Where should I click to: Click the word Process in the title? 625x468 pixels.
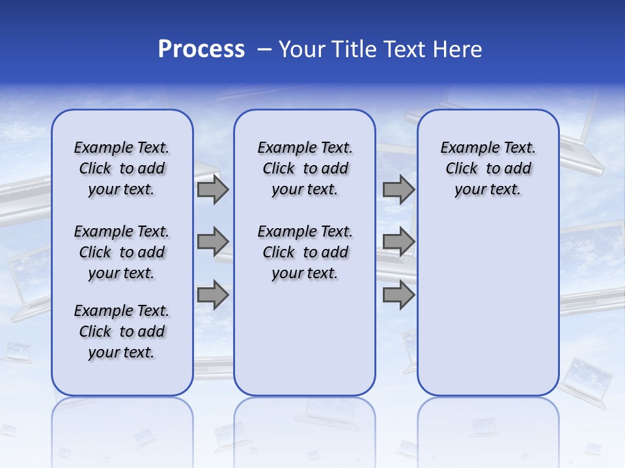[x=201, y=49]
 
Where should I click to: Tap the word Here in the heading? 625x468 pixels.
[x=458, y=49]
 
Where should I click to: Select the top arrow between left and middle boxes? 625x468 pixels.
[x=213, y=189]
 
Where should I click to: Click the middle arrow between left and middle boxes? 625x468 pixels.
[x=213, y=242]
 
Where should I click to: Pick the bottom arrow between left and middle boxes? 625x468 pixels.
[x=213, y=295]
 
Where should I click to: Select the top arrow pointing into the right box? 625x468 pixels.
[x=398, y=189]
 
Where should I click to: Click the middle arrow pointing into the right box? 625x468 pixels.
[x=398, y=242]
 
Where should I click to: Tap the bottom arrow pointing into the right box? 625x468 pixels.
[x=398, y=295]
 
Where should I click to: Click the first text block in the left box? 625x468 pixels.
[x=122, y=168]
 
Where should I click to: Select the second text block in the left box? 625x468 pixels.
[x=122, y=252]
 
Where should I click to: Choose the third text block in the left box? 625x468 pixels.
[x=122, y=331]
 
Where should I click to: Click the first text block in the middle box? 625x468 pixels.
[x=305, y=168]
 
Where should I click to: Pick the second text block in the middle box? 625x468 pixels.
[x=305, y=252]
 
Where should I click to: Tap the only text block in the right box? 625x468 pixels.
[x=488, y=168]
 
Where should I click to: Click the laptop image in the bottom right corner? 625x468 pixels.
[x=586, y=380]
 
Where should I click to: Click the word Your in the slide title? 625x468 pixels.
[x=301, y=49]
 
